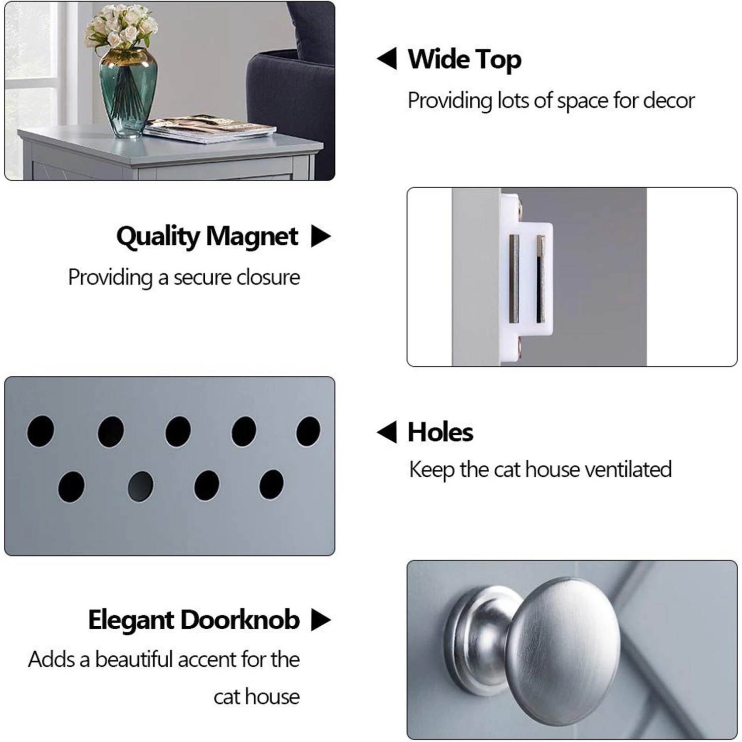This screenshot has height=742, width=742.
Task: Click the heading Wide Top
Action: tap(464, 60)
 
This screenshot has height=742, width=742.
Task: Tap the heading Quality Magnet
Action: tap(207, 236)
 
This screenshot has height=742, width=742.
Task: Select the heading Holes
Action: tap(440, 432)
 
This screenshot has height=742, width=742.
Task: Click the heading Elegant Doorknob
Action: tap(194, 620)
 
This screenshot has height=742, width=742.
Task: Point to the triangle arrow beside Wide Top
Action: tap(387, 59)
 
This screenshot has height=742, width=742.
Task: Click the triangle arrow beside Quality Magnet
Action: tap(321, 236)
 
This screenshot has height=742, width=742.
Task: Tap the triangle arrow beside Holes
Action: tap(387, 432)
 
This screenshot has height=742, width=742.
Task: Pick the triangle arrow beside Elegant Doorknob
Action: tap(321, 620)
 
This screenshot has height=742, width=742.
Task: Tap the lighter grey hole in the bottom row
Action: tap(140, 486)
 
